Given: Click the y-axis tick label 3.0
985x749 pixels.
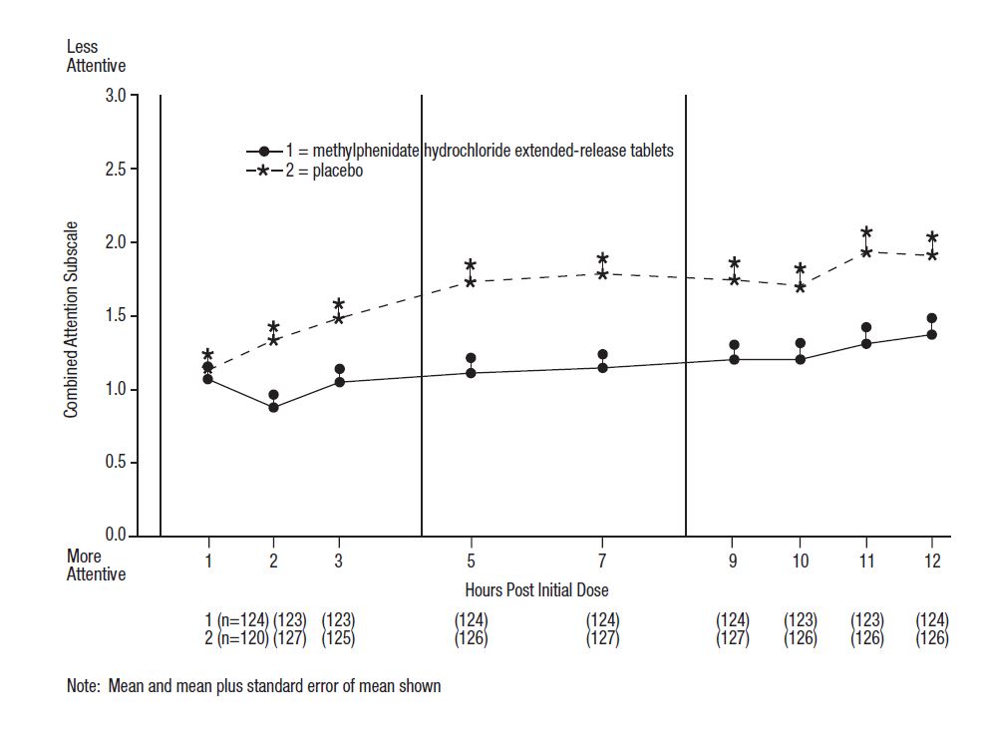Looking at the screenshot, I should pyautogui.click(x=115, y=97).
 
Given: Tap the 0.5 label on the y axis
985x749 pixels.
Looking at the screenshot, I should pyautogui.click(x=115, y=463).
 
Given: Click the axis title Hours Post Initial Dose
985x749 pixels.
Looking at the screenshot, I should pyautogui.click(x=536, y=589).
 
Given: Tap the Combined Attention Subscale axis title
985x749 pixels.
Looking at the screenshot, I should pyautogui.click(x=72, y=319).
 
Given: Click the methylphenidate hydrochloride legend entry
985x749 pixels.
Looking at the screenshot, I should pyautogui.click(x=479, y=151).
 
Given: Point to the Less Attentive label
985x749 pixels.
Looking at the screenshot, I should pyautogui.click(x=96, y=56).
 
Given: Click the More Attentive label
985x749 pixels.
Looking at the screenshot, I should pyautogui.click(x=96, y=564).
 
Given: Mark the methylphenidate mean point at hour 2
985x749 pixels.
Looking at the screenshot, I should pyautogui.click(x=273, y=407).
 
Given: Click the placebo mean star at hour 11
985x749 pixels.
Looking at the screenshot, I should pyautogui.click(x=866, y=252).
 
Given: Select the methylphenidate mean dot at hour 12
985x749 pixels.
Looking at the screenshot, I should pyautogui.click(x=932, y=335).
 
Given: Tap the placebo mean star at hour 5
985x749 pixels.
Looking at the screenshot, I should pyautogui.click(x=471, y=282).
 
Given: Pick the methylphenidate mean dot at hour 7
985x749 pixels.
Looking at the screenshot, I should pyautogui.click(x=602, y=368).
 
